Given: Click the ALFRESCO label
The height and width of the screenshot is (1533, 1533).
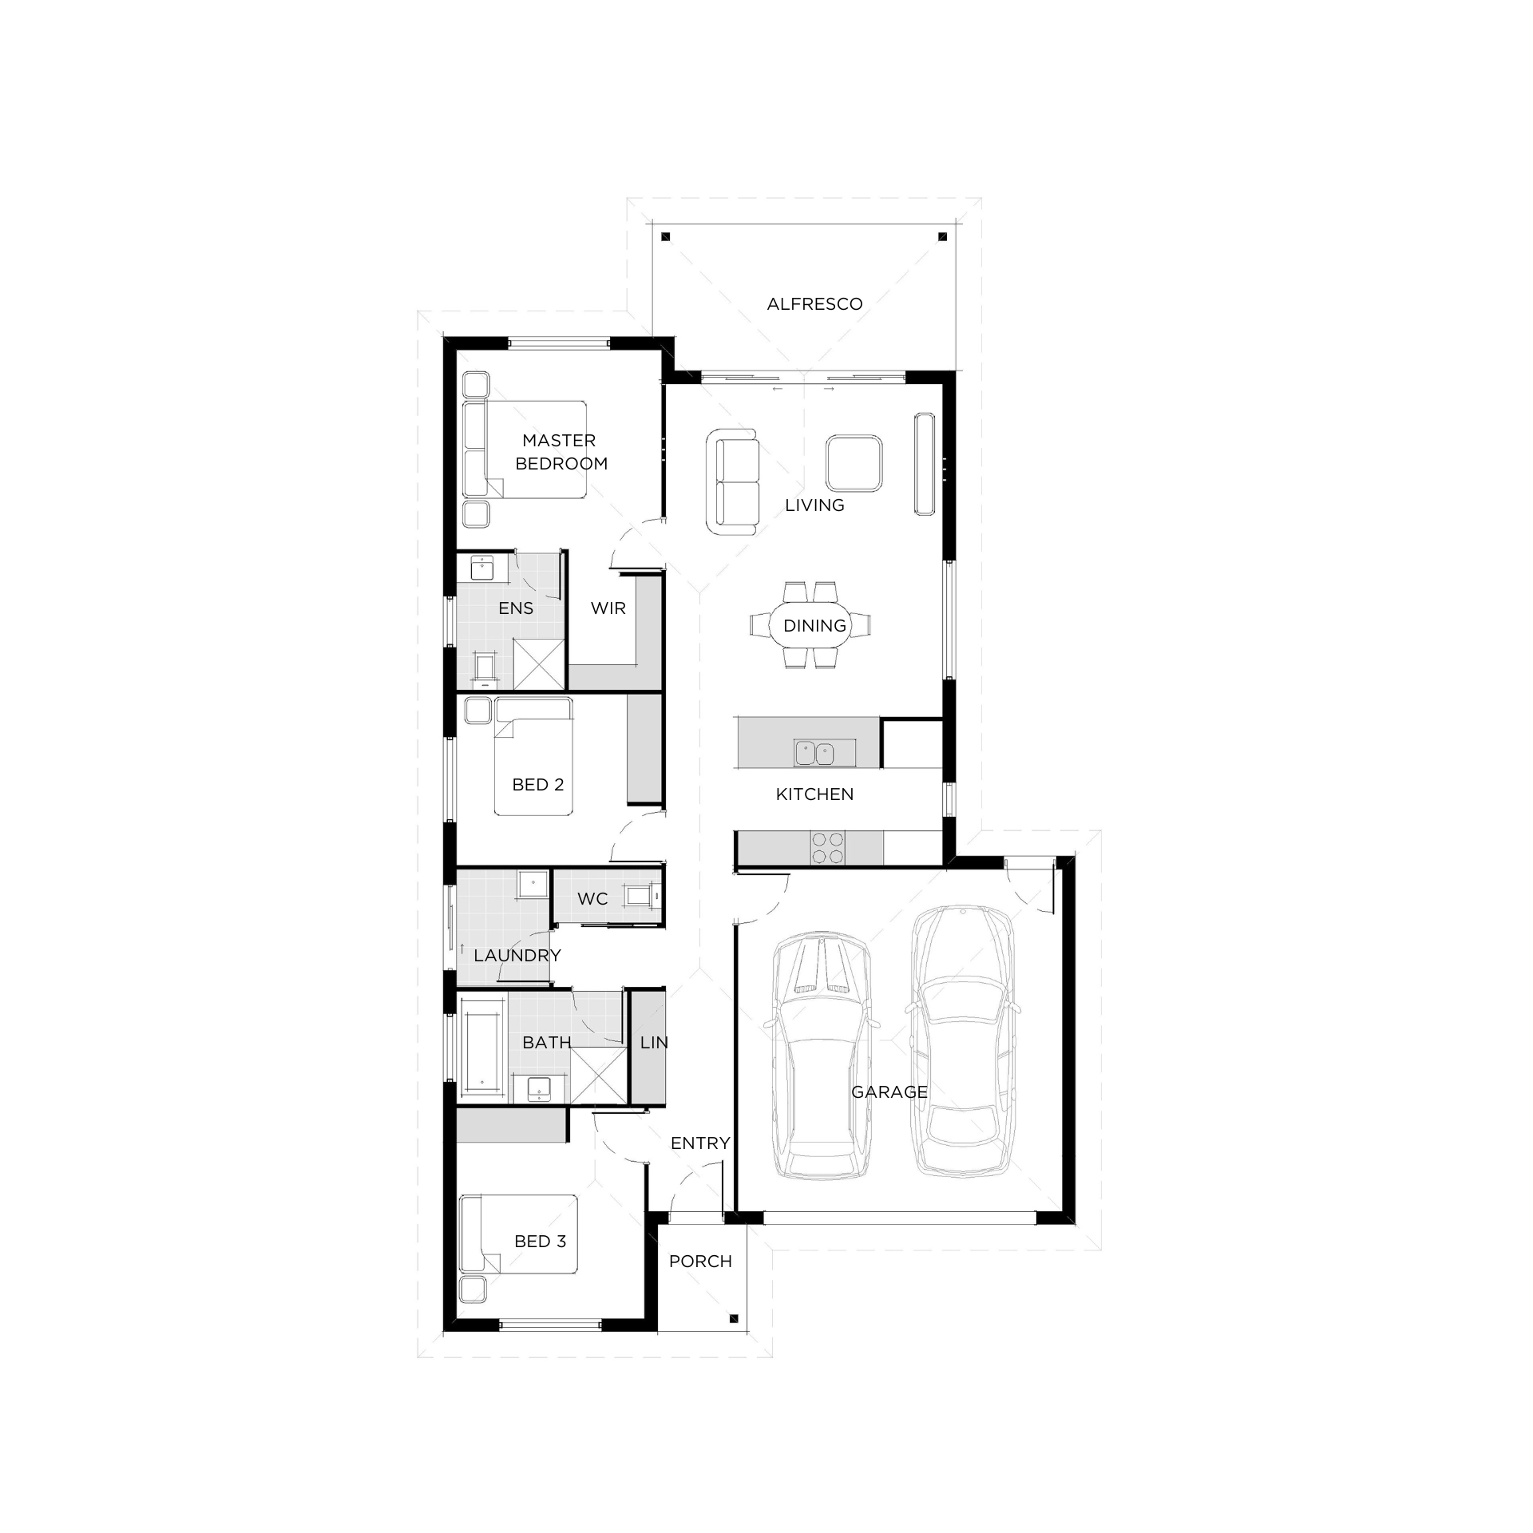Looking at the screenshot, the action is coord(814,304).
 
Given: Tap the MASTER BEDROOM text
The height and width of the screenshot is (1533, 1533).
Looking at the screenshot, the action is coord(561,452).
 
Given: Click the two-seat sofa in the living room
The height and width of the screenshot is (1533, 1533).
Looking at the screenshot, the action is coord(732,481).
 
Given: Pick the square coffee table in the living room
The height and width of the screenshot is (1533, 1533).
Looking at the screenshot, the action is coord(854,462).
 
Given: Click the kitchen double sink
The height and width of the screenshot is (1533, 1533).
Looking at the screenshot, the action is coord(814,752).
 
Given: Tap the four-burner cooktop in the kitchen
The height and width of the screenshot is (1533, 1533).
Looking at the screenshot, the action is coord(828,847).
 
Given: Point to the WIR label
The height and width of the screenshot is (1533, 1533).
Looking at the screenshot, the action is coord(608,608).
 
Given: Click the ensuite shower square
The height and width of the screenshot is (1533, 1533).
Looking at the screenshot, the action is coord(539,664).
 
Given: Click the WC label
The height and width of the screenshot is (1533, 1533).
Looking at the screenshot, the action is coord(592,899).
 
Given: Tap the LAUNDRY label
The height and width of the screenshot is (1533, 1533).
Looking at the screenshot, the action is coord(517,956).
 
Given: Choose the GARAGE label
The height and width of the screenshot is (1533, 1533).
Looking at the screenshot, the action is coord(889,1092).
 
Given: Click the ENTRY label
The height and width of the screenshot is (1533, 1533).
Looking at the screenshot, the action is coord(700,1143).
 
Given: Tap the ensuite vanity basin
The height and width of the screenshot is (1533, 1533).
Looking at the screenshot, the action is coord(482,568).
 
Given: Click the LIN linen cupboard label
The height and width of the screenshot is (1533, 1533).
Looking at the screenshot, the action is coord(654,1043).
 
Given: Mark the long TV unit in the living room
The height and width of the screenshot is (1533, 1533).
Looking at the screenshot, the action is coord(925,464).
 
